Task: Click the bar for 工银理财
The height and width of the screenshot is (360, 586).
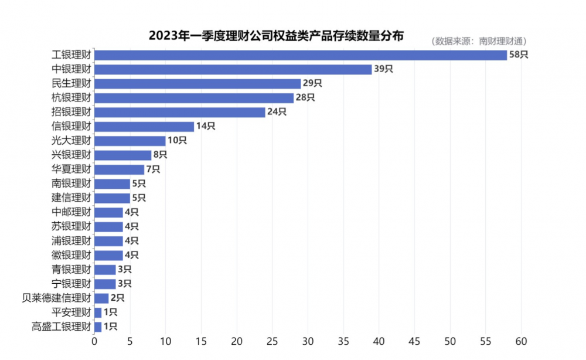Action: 300,55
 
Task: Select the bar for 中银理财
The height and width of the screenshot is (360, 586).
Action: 233,69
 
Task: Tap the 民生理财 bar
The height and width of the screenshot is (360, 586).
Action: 197,84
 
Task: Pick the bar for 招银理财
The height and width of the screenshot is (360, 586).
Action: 179,112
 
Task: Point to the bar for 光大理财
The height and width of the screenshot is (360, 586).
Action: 130,141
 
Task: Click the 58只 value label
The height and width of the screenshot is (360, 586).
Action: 519,55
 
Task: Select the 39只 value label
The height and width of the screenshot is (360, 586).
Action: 384,69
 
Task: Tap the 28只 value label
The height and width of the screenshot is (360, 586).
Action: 305,98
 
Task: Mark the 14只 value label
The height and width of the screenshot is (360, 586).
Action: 206,127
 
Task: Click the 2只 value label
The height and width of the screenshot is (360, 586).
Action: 118,298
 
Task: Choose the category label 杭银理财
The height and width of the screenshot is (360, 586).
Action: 71,98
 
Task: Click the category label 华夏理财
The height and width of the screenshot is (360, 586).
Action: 71,169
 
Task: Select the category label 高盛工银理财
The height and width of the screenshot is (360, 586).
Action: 61,327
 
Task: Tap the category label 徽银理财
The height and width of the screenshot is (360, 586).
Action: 71,255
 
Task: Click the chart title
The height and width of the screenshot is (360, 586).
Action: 276,36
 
